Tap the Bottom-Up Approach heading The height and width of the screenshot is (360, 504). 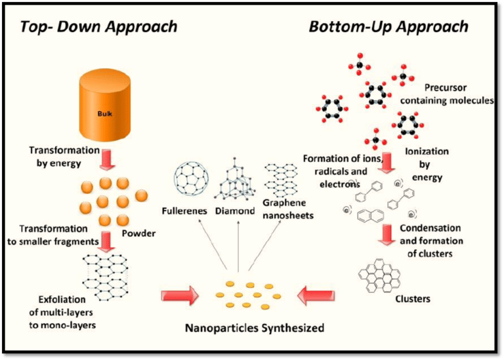tap(388, 27)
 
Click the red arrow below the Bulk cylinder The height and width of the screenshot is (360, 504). tap(108, 158)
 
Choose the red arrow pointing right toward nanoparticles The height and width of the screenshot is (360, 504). tap(179, 296)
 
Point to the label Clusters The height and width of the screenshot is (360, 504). tap(413, 300)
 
